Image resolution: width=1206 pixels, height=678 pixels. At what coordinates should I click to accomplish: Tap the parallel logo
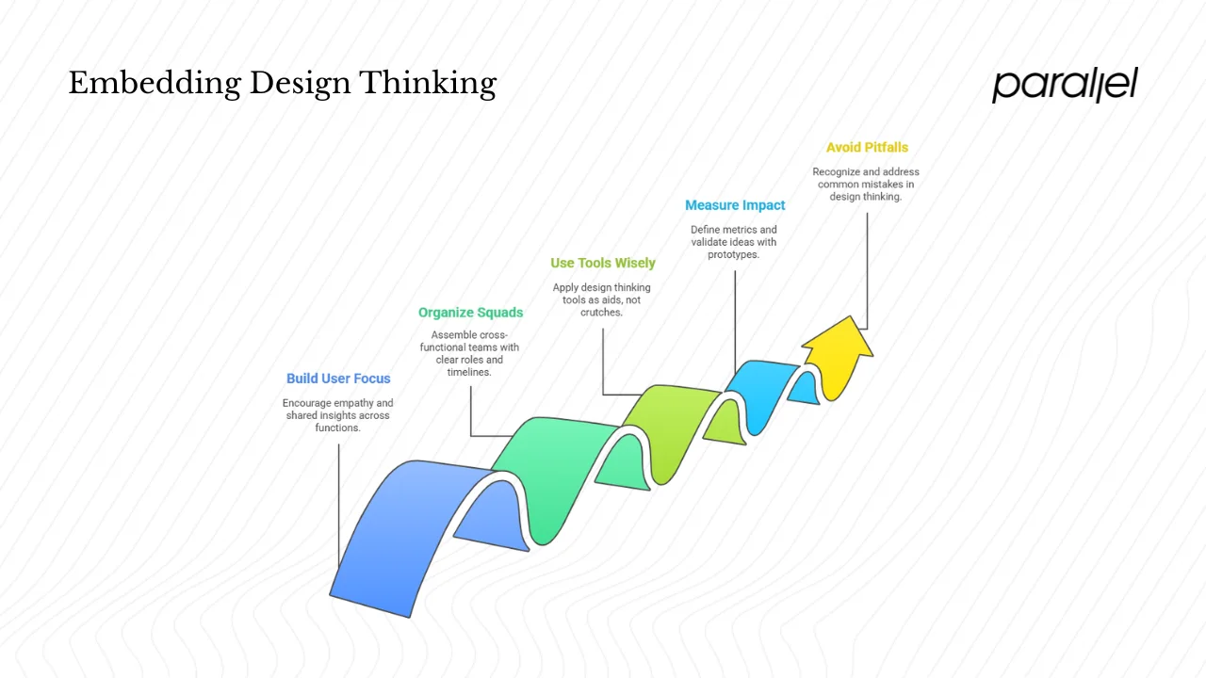pyautogui.click(x=1065, y=85)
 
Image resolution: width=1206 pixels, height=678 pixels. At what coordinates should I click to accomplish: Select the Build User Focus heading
pyautogui.click(x=338, y=379)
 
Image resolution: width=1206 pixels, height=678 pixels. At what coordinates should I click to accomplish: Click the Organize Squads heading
pyautogui.click(x=470, y=313)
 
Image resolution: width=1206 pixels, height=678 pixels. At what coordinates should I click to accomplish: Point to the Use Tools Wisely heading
pyautogui.click(x=603, y=264)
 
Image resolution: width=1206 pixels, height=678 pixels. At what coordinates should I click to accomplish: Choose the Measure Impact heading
pyautogui.click(x=735, y=205)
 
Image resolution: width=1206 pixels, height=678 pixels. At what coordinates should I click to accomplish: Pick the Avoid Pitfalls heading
pyautogui.click(x=867, y=148)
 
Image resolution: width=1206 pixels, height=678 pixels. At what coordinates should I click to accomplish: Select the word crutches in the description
pyautogui.click(x=600, y=313)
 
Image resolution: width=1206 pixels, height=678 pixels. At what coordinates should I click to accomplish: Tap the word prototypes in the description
pyautogui.click(x=733, y=254)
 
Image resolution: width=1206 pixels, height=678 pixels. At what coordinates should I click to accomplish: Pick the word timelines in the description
pyautogui.click(x=468, y=372)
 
